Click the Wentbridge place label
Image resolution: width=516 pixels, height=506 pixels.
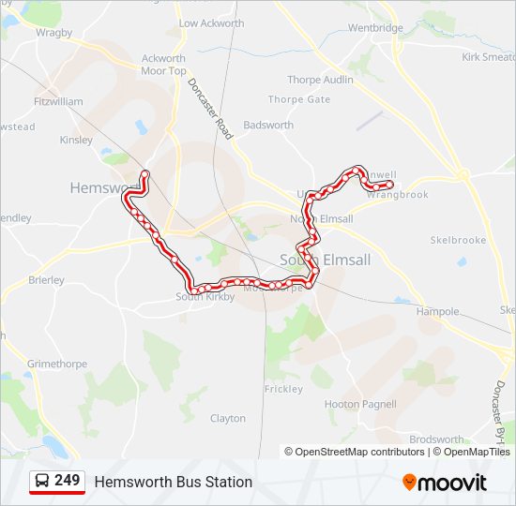coord(375,28)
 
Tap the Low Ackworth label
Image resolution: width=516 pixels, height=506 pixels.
coord(211,23)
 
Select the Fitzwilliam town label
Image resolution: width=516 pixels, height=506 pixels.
coord(58,101)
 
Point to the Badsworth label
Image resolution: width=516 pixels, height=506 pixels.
coord(268,125)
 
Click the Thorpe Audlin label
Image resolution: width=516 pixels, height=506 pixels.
coord(320,80)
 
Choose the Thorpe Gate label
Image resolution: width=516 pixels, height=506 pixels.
coord(299,99)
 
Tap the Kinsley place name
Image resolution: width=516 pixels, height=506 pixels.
coord(76,141)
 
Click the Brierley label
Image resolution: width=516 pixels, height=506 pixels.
coord(46,279)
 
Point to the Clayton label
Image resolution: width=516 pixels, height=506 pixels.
coord(228,418)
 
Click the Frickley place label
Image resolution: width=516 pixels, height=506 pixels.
coord(283,389)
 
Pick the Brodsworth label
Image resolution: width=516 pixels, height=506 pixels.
coord(436,439)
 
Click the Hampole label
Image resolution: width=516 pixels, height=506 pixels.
coord(437,311)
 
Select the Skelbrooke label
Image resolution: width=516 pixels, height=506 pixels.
coord(458,240)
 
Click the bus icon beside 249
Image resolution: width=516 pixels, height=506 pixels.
coord(42,482)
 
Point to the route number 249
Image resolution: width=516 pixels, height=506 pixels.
coord(68,481)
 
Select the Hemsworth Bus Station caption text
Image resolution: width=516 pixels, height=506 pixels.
coord(173,482)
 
